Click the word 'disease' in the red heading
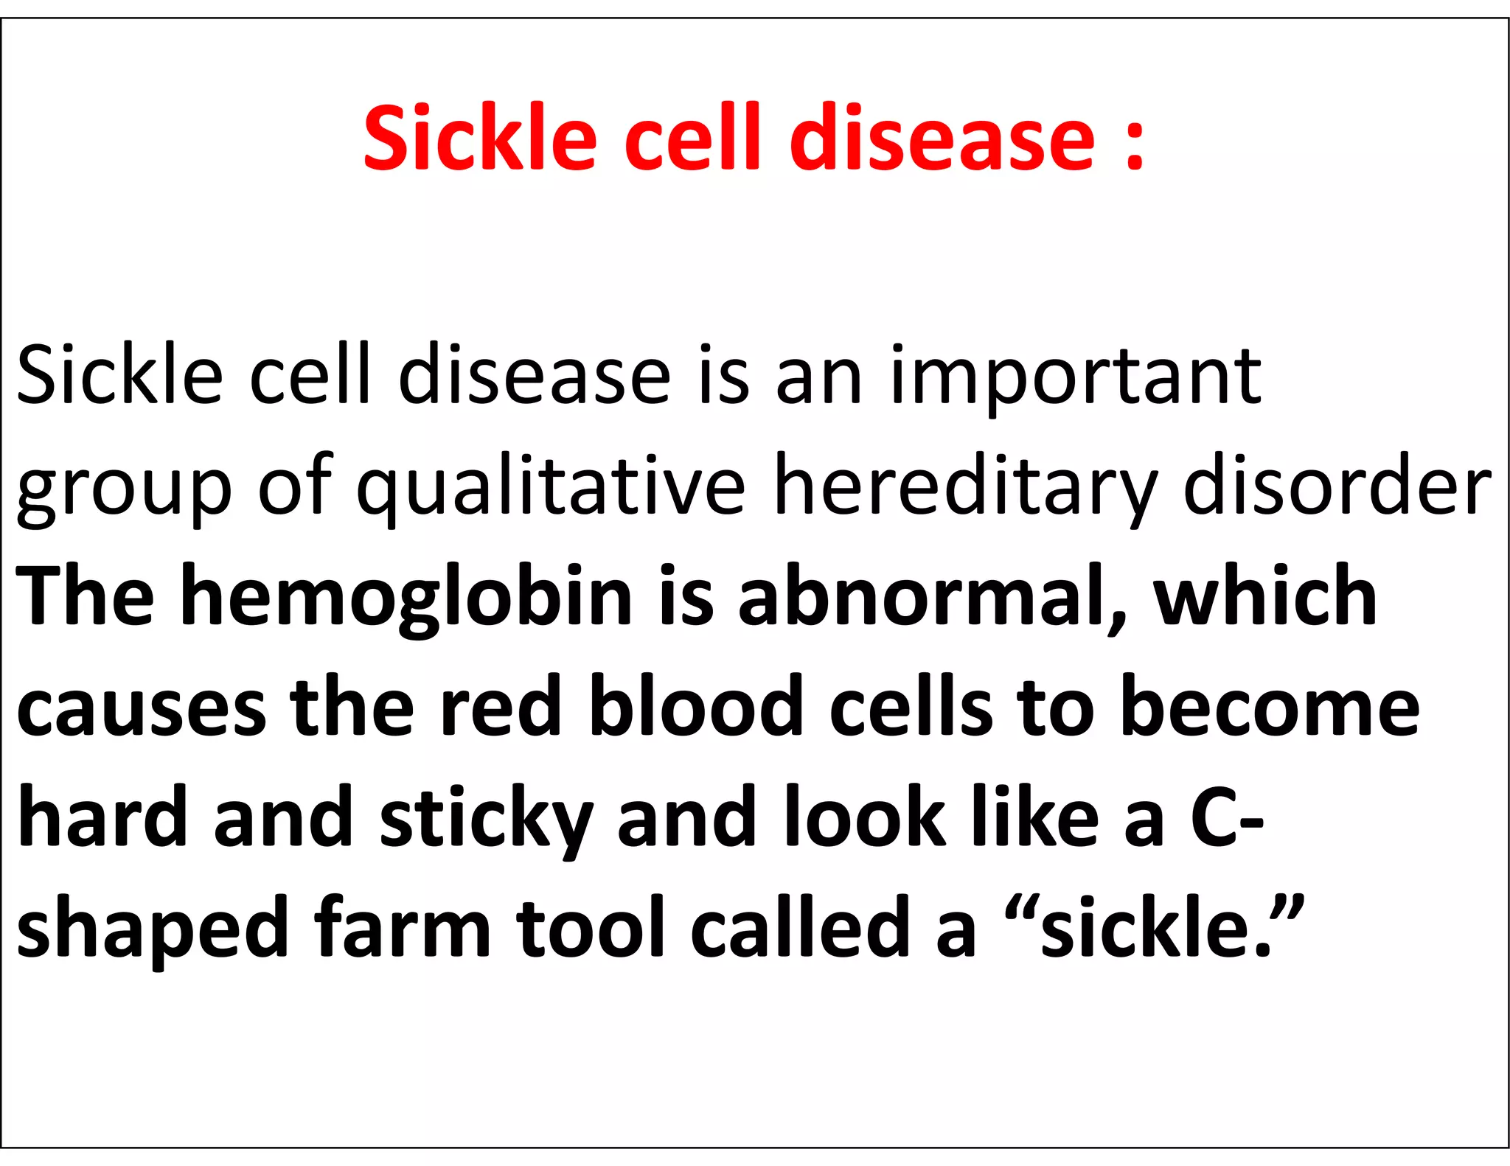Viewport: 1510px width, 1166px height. [942, 138]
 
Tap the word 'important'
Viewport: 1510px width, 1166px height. [1076, 378]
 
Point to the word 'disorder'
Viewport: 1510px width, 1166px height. [1337, 486]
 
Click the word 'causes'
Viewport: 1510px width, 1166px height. [142, 708]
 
